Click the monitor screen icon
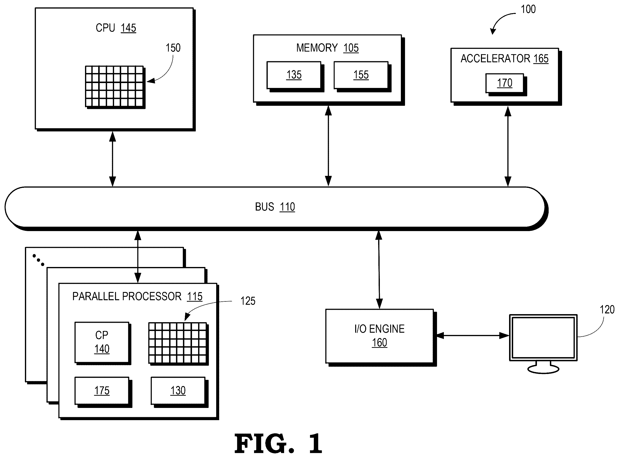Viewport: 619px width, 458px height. (x=543, y=338)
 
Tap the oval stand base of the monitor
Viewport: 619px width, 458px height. (x=543, y=369)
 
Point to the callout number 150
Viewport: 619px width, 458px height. (x=173, y=48)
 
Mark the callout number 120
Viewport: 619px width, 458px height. (x=607, y=310)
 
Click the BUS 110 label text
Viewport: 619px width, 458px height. (x=275, y=207)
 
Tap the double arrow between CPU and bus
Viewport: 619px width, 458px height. (x=113, y=159)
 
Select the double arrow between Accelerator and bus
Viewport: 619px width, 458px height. (x=508, y=146)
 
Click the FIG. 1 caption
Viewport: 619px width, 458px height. (x=278, y=444)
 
